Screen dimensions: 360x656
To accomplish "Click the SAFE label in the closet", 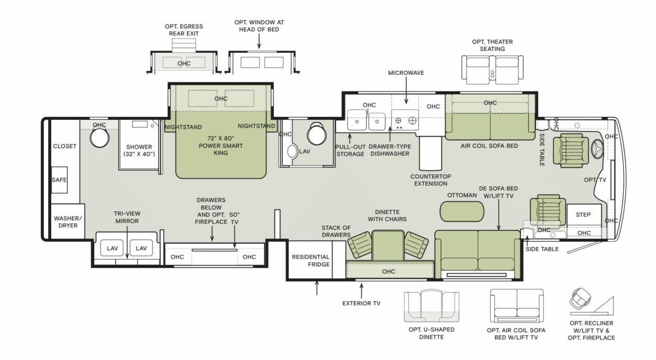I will point(59,180).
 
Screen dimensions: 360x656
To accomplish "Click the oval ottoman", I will point(462,211).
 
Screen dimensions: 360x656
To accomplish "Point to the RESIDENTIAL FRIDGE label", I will point(310,261).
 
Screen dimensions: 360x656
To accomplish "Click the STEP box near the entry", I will point(583,215).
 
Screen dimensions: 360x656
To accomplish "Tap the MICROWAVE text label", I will point(405,73).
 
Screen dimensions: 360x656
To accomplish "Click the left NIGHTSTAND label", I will point(183,127).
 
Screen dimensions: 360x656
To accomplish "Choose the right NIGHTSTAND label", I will point(256,126).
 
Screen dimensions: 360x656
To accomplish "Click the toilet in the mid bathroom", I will point(316,134).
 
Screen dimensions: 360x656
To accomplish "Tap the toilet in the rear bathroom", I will point(99,138).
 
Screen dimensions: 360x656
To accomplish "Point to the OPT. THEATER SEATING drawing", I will point(492,70).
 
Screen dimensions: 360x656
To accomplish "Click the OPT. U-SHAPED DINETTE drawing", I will point(431,306).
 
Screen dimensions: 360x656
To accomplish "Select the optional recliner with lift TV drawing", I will point(581,300).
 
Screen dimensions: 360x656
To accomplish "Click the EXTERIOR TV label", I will point(361,303).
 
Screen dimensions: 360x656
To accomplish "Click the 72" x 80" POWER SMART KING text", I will point(220,146).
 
